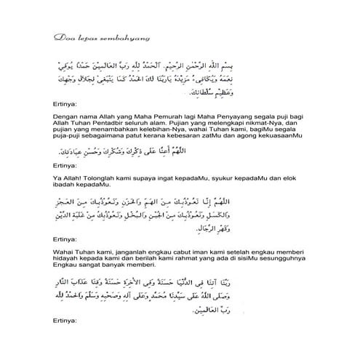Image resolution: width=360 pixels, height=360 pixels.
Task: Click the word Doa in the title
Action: pos(63,36)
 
